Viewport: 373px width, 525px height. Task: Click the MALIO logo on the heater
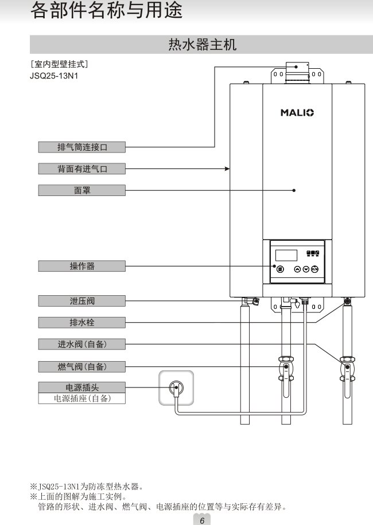point(297,112)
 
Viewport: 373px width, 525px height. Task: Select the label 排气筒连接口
point(82,147)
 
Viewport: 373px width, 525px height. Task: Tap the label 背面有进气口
point(82,169)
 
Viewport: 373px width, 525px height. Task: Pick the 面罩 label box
point(82,190)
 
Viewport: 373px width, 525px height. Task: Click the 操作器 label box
point(82,266)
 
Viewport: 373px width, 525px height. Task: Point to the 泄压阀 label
point(82,300)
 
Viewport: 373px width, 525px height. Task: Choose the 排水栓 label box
point(82,322)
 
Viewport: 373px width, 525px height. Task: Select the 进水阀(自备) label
point(82,344)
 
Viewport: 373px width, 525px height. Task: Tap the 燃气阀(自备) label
point(82,366)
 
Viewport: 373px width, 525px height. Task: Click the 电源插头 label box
point(82,387)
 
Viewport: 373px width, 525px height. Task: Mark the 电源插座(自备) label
point(82,398)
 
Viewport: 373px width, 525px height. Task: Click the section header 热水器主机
point(201,44)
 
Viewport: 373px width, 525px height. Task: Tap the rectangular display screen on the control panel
point(286,255)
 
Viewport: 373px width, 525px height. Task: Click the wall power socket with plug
point(176,389)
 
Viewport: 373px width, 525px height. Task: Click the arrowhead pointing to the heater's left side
point(227,169)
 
